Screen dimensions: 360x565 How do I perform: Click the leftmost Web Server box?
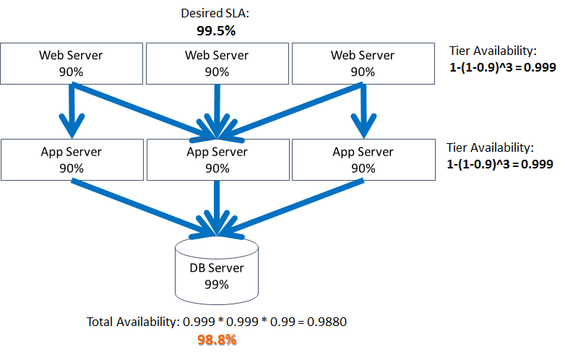pyautogui.click(x=71, y=63)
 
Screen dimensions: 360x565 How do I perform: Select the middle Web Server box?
pyautogui.click(x=217, y=63)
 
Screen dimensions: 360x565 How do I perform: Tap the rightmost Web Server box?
pyautogui.click(x=363, y=63)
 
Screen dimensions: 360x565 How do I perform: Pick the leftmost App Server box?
pyautogui.click(x=71, y=160)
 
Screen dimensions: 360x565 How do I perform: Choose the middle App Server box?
pyautogui.click(x=217, y=160)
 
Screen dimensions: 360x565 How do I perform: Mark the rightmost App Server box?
pyautogui.click(x=363, y=160)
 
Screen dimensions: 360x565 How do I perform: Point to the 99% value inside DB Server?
pyautogui.click(x=217, y=284)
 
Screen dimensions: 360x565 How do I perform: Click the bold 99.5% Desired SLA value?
pyautogui.click(x=216, y=31)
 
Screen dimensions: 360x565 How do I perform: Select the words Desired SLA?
pyautogui.click(x=216, y=14)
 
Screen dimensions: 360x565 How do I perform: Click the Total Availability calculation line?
pyautogui.click(x=217, y=322)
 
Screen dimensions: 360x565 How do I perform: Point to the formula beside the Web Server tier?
pyautogui.click(x=500, y=65)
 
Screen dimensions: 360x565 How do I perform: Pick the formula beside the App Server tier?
pyautogui.click(x=500, y=164)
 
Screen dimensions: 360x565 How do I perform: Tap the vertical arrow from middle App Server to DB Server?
pyautogui.click(x=217, y=206)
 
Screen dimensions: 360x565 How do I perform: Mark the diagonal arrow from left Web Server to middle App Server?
pyautogui.click(x=137, y=108)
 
